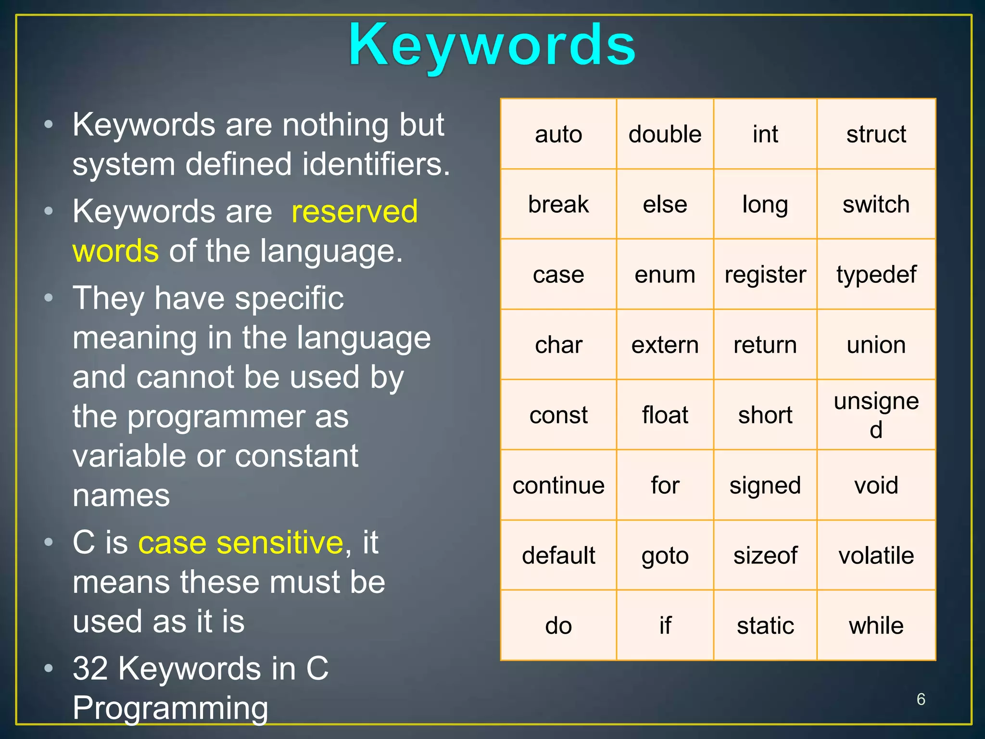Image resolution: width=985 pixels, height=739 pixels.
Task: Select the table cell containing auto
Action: pyautogui.click(x=558, y=134)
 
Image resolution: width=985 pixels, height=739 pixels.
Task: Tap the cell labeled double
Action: pyautogui.click(x=665, y=134)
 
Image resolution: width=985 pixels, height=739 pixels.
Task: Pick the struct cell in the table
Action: pyautogui.click(x=876, y=134)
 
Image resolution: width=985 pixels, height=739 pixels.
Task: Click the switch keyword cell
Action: pyautogui.click(x=876, y=204)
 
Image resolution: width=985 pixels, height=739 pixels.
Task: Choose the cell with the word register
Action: pyautogui.click(x=765, y=275)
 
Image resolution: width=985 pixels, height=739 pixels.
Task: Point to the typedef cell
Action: pyautogui.click(x=876, y=275)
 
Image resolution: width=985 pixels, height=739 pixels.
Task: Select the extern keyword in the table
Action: pyautogui.click(x=665, y=345)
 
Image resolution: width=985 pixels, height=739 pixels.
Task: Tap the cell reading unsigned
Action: pyautogui.click(x=876, y=415)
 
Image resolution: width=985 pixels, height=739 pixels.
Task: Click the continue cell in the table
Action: pyautogui.click(x=558, y=485)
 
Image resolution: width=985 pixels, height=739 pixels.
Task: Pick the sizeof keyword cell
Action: pyautogui.click(x=765, y=555)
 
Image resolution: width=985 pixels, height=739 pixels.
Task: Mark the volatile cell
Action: pyautogui.click(x=876, y=555)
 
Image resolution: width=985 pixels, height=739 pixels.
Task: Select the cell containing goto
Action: pyautogui.click(x=665, y=555)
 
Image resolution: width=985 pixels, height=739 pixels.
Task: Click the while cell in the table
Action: pyautogui.click(x=876, y=625)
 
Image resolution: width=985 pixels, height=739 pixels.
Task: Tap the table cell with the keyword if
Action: pyautogui.click(x=665, y=625)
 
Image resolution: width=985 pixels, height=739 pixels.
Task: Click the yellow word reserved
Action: pyautogui.click(x=354, y=212)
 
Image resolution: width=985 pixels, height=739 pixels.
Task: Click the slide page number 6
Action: pyautogui.click(x=921, y=699)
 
